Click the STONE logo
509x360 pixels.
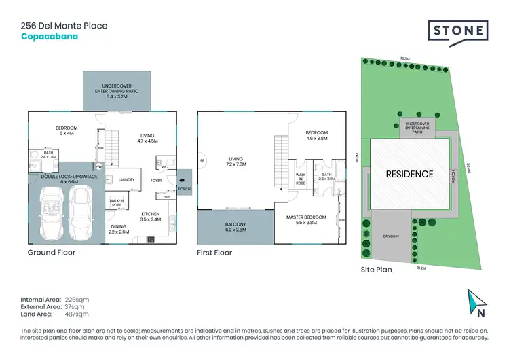(x=458, y=31)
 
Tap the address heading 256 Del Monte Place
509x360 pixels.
(x=64, y=26)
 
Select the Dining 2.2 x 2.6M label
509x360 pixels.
(x=119, y=230)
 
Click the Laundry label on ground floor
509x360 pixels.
(x=126, y=180)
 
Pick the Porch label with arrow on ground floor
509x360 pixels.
(x=183, y=188)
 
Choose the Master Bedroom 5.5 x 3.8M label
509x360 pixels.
(x=307, y=220)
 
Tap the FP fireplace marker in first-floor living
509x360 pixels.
(x=202, y=160)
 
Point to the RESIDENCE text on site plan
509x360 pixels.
(x=409, y=174)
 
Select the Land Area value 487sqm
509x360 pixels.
(x=77, y=314)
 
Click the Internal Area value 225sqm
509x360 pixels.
(x=77, y=299)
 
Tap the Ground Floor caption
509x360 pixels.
(x=52, y=253)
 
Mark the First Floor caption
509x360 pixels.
(x=214, y=253)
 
